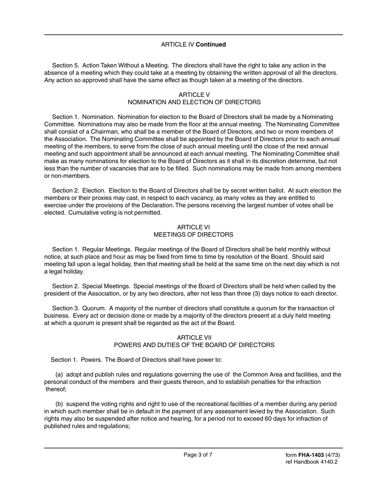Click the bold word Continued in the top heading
(x=211, y=45)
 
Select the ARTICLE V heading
(x=194, y=95)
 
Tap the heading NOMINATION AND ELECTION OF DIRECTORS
(x=194, y=102)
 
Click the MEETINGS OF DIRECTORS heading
(x=193, y=235)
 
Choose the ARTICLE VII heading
(x=194, y=337)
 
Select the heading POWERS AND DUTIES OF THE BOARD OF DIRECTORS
(x=194, y=345)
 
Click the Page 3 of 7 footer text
(x=198, y=455)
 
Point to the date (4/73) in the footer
(x=333, y=455)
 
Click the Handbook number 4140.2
(x=329, y=462)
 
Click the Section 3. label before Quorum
(x=66, y=308)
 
